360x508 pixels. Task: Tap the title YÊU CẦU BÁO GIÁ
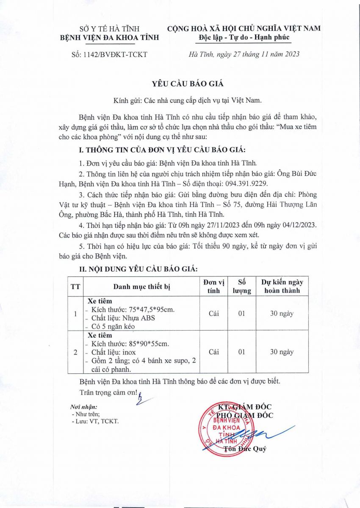[x=180, y=84]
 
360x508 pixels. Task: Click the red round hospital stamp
[x=226, y=430]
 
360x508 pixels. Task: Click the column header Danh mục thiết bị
[x=141, y=287]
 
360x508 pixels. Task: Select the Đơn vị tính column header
[x=214, y=286]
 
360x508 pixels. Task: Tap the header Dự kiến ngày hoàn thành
[x=282, y=286]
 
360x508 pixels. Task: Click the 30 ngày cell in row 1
[x=282, y=314]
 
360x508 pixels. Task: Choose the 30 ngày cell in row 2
[x=282, y=352]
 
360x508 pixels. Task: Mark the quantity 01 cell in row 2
[x=242, y=352]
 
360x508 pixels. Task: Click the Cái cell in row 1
[x=214, y=314]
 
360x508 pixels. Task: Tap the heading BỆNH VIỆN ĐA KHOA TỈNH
[x=110, y=37]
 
